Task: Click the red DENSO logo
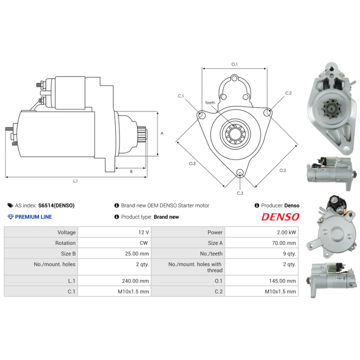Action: (x=280, y=217)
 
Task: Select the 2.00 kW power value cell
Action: (x=286, y=233)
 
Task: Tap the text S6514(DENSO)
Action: (x=57, y=206)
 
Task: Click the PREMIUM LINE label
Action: (x=33, y=217)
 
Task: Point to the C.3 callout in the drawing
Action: (x=240, y=193)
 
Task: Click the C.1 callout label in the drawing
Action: (x=181, y=96)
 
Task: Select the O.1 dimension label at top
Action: (x=234, y=64)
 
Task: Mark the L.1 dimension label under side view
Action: (x=76, y=181)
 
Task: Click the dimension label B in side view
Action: (x=131, y=171)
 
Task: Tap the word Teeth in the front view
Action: (x=210, y=103)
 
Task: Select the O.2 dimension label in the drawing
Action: (x=283, y=170)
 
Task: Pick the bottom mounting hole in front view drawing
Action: (x=240, y=172)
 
